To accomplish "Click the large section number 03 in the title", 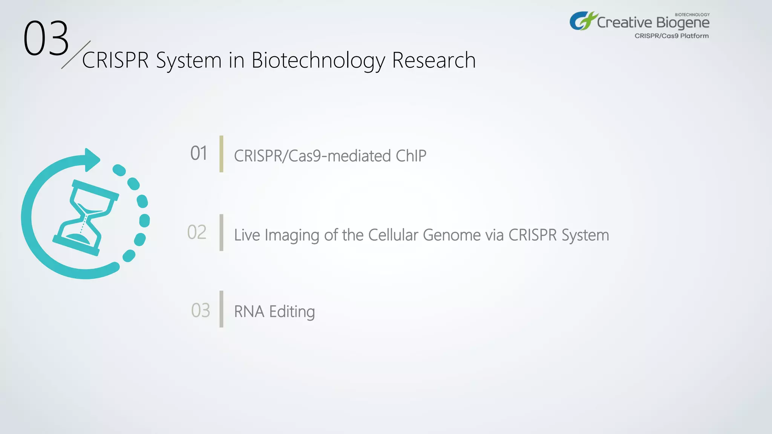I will (46, 38).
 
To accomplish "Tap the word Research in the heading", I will (433, 60).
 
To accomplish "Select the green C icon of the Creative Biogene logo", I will (583, 21).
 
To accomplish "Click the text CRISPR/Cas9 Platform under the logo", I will (671, 36).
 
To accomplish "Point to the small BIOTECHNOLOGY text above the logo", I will (692, 15).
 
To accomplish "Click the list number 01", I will (199, 153).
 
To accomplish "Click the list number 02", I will (197, 232).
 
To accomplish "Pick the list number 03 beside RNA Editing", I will (200, 310).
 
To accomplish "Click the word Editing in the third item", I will (292, 312).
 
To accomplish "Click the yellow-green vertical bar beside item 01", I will (221, 154).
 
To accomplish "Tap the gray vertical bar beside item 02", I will (221, 232).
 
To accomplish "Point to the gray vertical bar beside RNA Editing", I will (221, 309).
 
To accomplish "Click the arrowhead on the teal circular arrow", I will (92, 160).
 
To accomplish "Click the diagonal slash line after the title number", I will (76, 55).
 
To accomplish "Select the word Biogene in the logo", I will (683, 23).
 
